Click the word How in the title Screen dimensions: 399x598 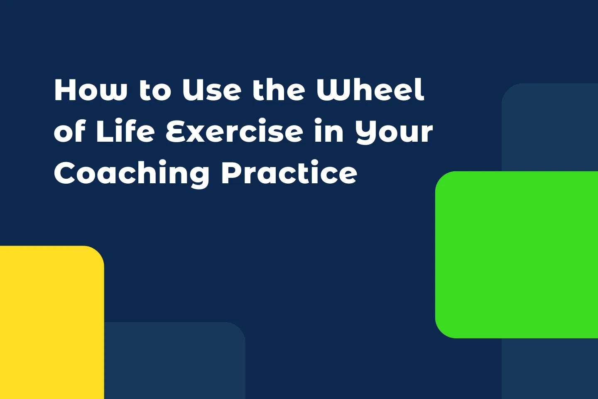point(90,90)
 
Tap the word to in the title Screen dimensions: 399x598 point(155,91)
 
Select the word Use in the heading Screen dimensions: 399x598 point(212,90)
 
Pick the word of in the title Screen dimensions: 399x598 point(69,131)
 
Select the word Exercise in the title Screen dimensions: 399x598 point(235,131)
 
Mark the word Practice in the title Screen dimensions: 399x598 point(289,173)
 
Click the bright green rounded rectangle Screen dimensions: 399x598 point(517,254)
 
